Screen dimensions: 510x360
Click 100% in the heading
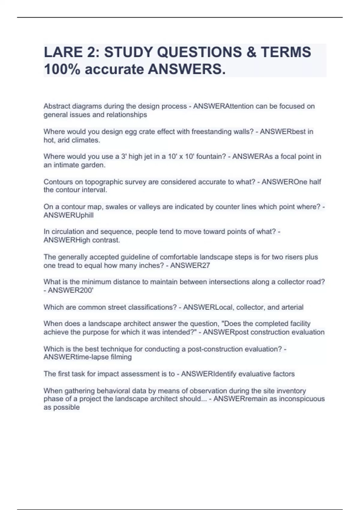(62, 70)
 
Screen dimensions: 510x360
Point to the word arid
(64, 140)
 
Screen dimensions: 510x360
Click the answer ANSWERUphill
(69, 215)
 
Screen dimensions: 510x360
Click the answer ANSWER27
(190, 265)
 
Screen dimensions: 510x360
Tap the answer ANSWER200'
(71, 290)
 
